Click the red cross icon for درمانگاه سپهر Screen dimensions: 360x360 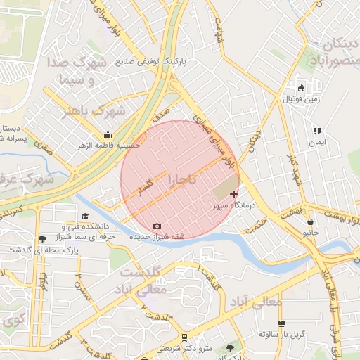click(x=233, y=193)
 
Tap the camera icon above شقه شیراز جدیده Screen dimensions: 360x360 click(x=156, y=226)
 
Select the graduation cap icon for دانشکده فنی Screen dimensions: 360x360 click(x=85, y=216)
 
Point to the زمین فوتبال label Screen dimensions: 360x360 click(x=301, y=99)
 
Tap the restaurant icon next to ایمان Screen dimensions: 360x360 click(x=316, y=131)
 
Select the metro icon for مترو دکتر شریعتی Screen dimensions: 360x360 click(x=184, y=337)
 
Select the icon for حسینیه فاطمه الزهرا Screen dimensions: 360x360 click(x=107, y=136)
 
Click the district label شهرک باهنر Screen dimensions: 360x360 click(x=94, y=110)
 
